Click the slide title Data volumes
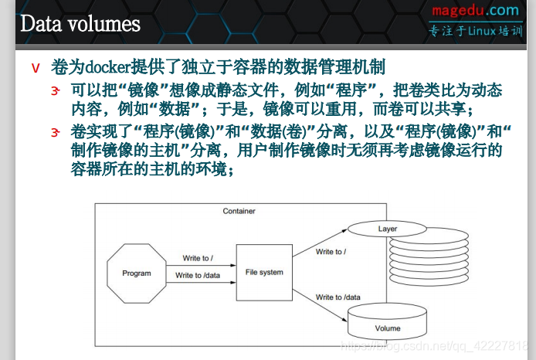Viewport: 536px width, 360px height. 80,23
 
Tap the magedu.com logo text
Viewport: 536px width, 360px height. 475,10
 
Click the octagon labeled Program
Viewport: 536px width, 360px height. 137,273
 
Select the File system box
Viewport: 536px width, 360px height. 264,272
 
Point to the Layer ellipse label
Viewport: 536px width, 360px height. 387,229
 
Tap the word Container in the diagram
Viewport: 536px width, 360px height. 239,211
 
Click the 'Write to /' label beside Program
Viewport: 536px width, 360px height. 198,258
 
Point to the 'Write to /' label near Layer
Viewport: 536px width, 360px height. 331,252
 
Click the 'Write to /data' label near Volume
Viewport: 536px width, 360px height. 338,297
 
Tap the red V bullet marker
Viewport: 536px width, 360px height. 36,68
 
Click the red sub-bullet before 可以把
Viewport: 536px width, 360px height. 56,91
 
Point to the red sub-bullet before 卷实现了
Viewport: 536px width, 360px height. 56,132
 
